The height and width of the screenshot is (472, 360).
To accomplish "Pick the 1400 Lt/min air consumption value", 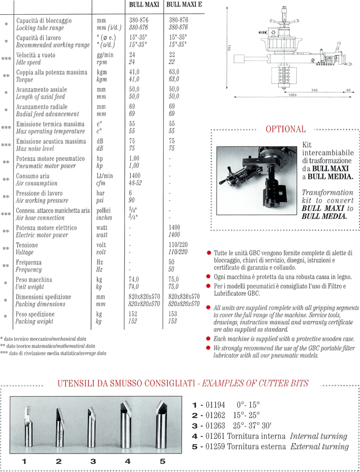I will [x=135, y=176].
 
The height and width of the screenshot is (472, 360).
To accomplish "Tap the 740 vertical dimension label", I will [x=225, y=48].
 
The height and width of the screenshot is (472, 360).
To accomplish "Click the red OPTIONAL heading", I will [x=285, y=129].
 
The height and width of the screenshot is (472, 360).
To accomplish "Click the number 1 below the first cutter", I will [x=25, y=462].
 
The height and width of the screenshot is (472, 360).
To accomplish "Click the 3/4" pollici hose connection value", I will [x=132, y=211].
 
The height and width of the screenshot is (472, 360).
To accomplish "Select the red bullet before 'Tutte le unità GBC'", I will [x=209, y=254].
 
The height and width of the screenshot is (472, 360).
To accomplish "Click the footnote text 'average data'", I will [x=93, y=353].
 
